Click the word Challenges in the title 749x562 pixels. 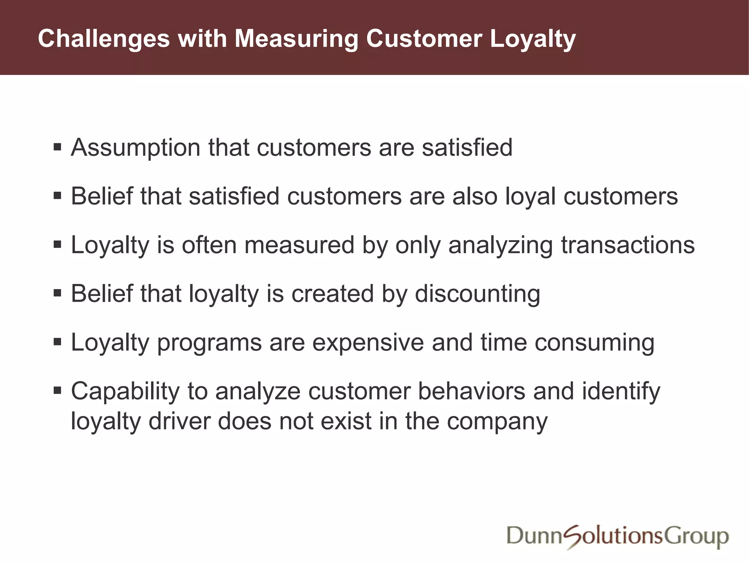click(104, 39)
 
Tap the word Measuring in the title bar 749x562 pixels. click(296, 39)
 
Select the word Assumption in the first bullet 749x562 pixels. click(136, 148)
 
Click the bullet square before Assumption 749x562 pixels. click(57, 147)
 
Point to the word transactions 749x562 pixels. click(628, 245)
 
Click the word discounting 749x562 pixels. click(477, 294)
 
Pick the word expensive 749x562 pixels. click(368, 342)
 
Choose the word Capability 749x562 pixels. click(125, 391)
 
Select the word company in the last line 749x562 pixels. click(497, 422)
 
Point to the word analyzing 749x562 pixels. click(501, 245)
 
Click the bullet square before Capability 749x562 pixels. click(57, 390)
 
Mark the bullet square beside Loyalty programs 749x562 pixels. click(57, 342)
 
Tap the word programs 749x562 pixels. click(210, 343)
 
